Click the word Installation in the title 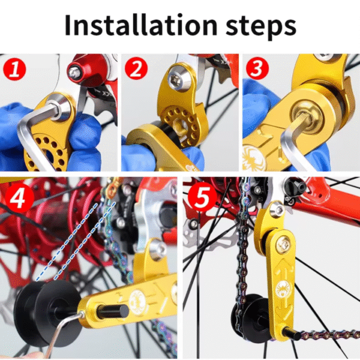click(141, 25)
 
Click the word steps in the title click(261, 28)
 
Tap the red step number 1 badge click(14, 69)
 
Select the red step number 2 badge click(136, 68)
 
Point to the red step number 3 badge click(257, 68)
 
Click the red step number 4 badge click(19, 197)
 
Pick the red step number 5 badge click(202, 197)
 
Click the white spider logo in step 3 click(254, 157)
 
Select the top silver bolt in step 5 click(277, 209)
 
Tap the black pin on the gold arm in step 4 click(113, 311)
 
